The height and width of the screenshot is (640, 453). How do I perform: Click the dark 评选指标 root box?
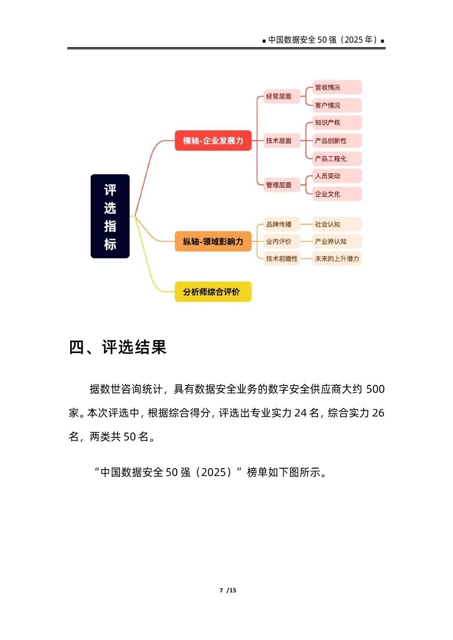(x=110, y=216)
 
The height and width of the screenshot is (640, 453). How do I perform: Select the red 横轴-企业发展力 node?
(x=213, y=141)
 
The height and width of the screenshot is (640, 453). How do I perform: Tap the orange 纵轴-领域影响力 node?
(x=213, y=241)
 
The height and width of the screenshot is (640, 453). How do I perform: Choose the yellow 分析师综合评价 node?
(x=213, y=292)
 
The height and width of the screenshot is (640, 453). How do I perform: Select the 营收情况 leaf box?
(x=337, y=88)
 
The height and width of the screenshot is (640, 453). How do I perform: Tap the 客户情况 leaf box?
(x=337, y=105)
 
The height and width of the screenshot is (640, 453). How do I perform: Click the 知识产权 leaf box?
(x=337, y=123)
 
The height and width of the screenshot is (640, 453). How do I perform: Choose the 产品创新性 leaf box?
(x=337, y=141)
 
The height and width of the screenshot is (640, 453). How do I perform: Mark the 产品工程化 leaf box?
(x=337, y=159)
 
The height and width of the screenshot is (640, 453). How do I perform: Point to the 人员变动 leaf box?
(x=337, y=176)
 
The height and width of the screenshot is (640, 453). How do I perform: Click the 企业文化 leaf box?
(x=337, y=194)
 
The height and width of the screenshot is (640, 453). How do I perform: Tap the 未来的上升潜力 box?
(x=337, y=258)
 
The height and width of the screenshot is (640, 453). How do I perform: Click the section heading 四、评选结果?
(x=118, y=347)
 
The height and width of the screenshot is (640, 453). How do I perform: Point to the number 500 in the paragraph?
(x=375, y=389)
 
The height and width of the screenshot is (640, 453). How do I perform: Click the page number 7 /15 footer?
(x=227, y=590)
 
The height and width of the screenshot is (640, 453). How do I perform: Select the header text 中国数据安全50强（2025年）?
(x=323, y=40)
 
